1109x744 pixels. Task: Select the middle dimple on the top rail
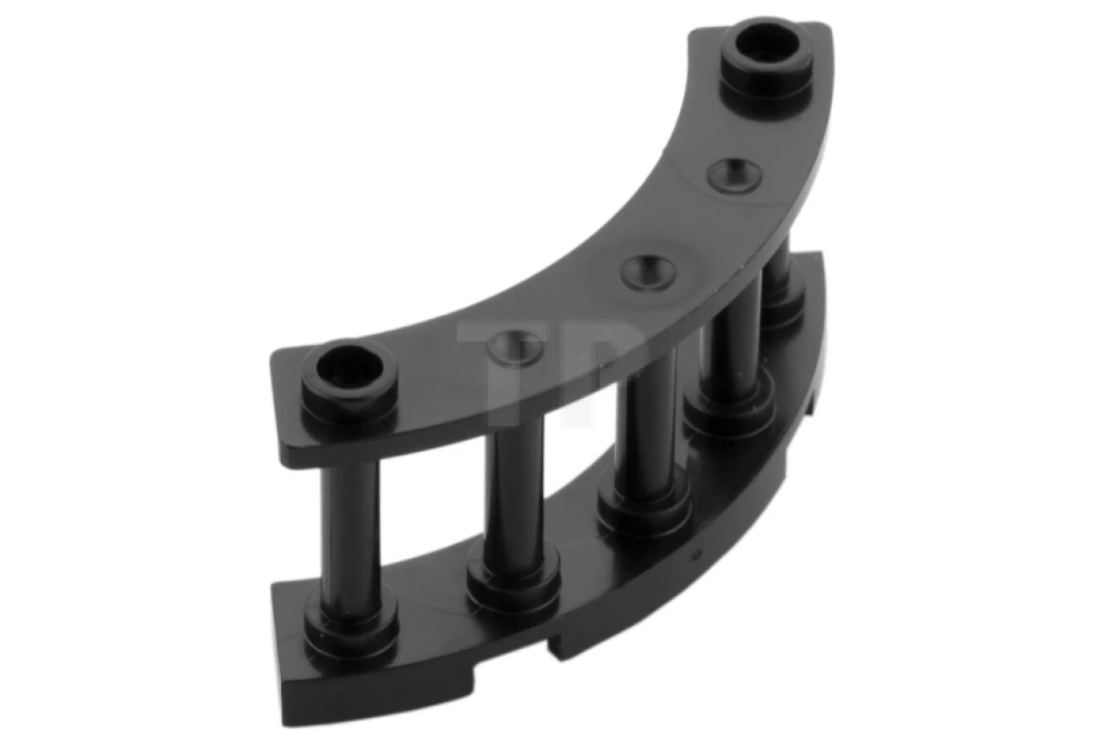pyautogui.click(x=648, y=269)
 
